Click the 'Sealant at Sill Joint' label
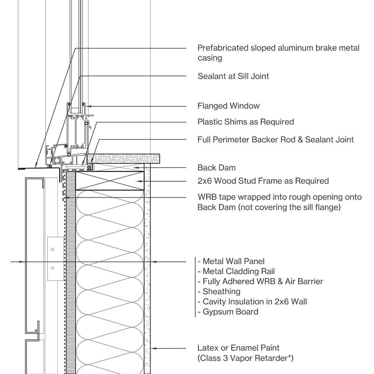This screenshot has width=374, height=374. point(233,76)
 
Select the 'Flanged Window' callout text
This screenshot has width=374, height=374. point(228,106)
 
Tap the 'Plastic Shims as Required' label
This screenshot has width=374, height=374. point(246,122)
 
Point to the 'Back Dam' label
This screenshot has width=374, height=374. point(217,168)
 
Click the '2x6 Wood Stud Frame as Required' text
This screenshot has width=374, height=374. point(263,181)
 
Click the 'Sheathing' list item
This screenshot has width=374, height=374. point(221,292)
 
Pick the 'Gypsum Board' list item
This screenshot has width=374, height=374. point(230,312)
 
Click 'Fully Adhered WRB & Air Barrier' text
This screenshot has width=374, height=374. point(263,281)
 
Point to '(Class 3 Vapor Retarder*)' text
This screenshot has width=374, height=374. point(245,358)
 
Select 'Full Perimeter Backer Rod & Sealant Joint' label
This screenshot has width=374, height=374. point(276,140)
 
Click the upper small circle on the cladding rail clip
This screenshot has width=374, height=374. point(52,249)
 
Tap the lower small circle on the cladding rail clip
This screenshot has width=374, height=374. point(52,268)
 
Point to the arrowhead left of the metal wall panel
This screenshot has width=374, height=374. point(22,261)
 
